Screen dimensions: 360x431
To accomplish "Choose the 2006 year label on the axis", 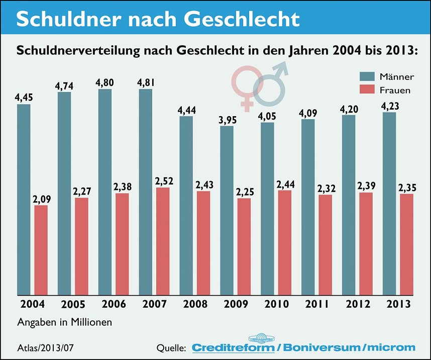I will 114,304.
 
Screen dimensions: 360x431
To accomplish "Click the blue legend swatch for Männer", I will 367,77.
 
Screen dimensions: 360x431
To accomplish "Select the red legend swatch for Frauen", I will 367,91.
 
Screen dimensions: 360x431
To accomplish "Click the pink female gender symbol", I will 246,83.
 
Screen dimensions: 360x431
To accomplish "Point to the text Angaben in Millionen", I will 65,322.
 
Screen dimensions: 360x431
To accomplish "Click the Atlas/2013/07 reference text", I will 46,347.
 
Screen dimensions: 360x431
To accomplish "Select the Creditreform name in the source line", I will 234,347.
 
